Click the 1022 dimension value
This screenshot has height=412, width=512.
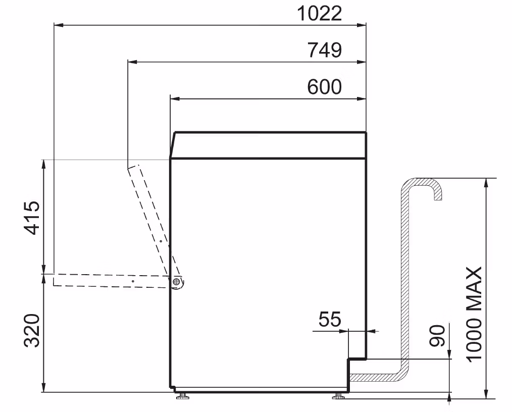click(320, 14)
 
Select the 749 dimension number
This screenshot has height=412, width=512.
click(325, 50)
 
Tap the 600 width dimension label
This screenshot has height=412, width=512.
click(325, 87)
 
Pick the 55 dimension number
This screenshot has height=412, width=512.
click(330, 319)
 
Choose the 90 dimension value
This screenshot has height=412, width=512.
click(437, 335)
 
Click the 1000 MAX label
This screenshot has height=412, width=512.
click(474, 313)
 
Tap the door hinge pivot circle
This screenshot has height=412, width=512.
click(177, 281)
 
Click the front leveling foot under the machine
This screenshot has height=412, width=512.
click(183, 396)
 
